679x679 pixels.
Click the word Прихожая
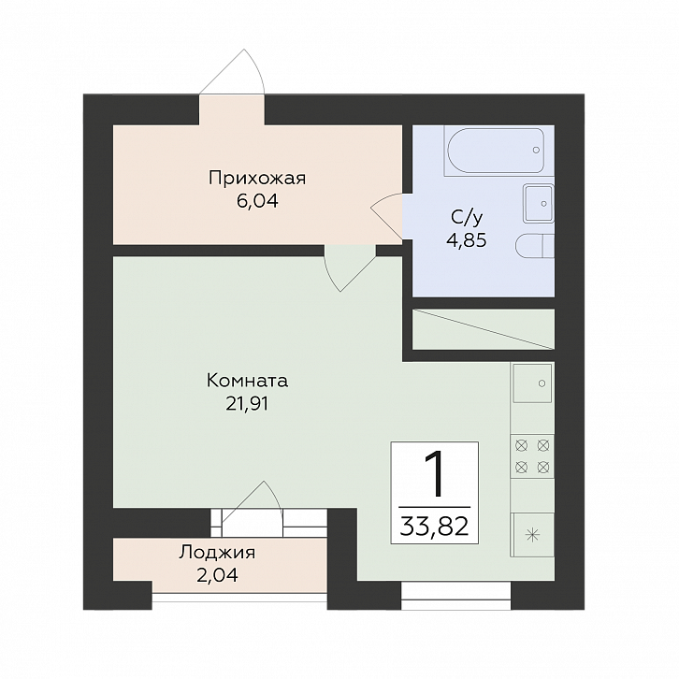[x=257, y=179]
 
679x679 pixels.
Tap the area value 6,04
[x=257, y=201]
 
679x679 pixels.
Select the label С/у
[x=467, y=218]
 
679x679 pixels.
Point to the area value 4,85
[x=467, y=240]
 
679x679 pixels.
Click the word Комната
[x=247, y=381]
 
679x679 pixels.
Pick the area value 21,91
[x=247, y=404]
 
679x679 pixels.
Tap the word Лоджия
[x=217, y=553]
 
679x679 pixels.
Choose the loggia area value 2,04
[x=217, y=575]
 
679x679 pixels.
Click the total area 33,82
[x=434, y=527]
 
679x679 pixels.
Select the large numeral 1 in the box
[x=435, y=473]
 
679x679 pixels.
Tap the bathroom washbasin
[x=539, y=203]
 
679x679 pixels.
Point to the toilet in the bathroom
[x=535, y=247]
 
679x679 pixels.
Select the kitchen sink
[x=532, y=383]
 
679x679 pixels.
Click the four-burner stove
[x=532, y=456]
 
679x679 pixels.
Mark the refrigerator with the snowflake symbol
[x=532, y=534]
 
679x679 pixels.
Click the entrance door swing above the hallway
[x=232, y=72]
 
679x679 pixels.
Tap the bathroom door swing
[x=386, y=216]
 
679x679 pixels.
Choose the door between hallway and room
[x=350, y=268]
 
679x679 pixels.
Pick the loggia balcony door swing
[x=252, y=503]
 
